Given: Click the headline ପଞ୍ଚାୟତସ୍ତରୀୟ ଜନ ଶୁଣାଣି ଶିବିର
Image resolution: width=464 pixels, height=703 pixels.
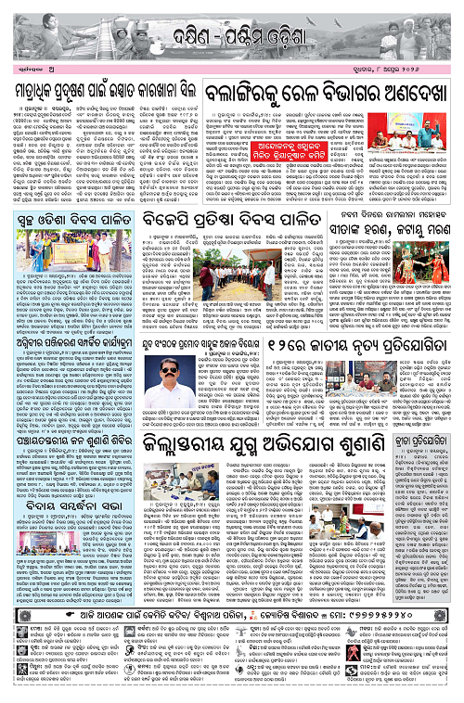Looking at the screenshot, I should [x=70, y=437].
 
